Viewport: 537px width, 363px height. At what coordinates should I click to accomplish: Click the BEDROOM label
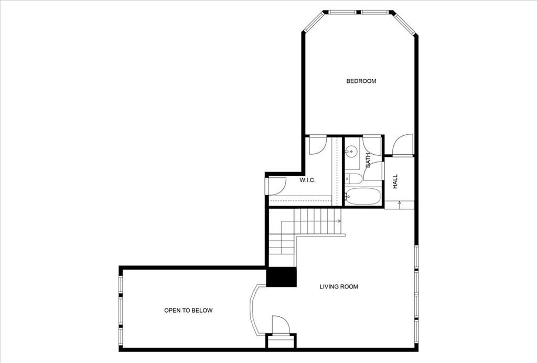coord(361,81)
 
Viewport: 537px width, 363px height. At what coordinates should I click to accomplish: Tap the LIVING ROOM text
coord(339,287)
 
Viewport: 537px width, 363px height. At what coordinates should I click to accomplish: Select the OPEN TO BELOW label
coord(188,311)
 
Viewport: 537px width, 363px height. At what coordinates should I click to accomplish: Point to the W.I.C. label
coord(307,180)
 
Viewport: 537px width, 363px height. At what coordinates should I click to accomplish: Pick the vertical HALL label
coord(395,181)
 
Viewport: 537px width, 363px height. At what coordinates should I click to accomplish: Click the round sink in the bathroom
coord(350,152)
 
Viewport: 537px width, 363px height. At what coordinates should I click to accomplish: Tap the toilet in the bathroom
coord(353,178)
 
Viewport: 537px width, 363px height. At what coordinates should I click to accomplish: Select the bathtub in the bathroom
coord(363,196)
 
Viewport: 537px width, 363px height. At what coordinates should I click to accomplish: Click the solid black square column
coord(282,277)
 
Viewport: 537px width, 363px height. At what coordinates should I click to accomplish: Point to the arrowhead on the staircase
coord(339,221)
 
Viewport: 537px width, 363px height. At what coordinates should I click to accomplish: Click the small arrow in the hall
coord(400,203)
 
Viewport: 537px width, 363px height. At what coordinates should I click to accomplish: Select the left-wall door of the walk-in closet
coord(276,185)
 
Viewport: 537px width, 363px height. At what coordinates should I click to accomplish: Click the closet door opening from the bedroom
coord(318,145)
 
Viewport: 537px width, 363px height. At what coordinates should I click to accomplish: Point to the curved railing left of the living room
coord(253,309)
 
